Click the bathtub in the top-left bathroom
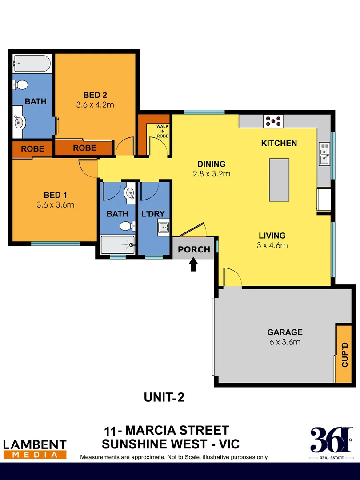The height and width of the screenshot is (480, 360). pos(31,63)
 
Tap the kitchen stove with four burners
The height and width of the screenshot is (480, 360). pos(273,120)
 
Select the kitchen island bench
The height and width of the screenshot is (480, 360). pos(279,180)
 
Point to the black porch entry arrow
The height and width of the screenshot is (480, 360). pos(193,265)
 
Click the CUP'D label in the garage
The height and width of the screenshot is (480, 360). pos(344,354)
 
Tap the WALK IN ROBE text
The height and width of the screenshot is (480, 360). pos(163,131)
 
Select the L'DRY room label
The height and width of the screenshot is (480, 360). pos(153,214)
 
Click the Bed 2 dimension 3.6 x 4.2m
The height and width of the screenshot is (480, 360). pos(95,105)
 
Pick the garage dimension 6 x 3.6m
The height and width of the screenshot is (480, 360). pos(284,342)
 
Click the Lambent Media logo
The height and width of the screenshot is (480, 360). pos(35,449)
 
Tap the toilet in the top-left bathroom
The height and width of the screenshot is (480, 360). pos(20,84)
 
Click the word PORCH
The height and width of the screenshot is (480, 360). pos(194,249)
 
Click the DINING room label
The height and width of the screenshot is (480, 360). pos(212,164)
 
